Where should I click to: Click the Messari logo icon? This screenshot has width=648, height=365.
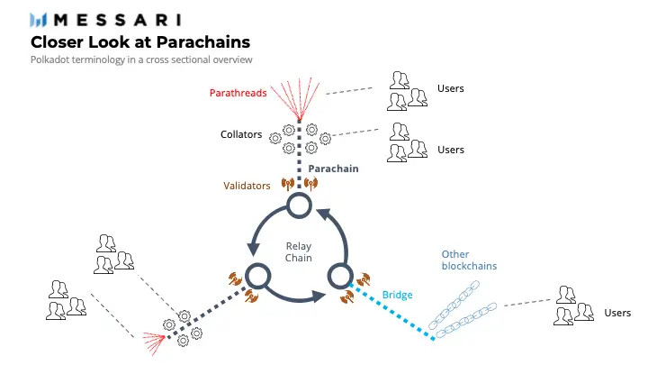click(40, 20)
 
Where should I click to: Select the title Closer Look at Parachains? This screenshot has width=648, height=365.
click(140, 41)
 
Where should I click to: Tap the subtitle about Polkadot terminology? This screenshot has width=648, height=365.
click(141, 59)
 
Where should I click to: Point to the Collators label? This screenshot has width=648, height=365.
click(241, 135)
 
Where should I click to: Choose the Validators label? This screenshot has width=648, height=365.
click(247, 186)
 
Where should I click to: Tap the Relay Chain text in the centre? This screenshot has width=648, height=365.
click(299, 252)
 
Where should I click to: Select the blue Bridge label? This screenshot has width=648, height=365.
click(397, 295)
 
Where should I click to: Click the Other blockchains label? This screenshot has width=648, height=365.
click(469, 260)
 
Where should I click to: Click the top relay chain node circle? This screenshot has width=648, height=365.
click(299, 208)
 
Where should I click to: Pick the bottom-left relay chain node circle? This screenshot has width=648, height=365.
click(258, 276)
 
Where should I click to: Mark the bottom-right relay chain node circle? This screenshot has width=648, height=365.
click(339, 275)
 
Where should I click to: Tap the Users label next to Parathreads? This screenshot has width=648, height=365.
click(450, 88)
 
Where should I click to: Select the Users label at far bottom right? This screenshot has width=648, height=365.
click(617, 313)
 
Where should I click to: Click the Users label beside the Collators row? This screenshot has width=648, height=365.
click(450, 149)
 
